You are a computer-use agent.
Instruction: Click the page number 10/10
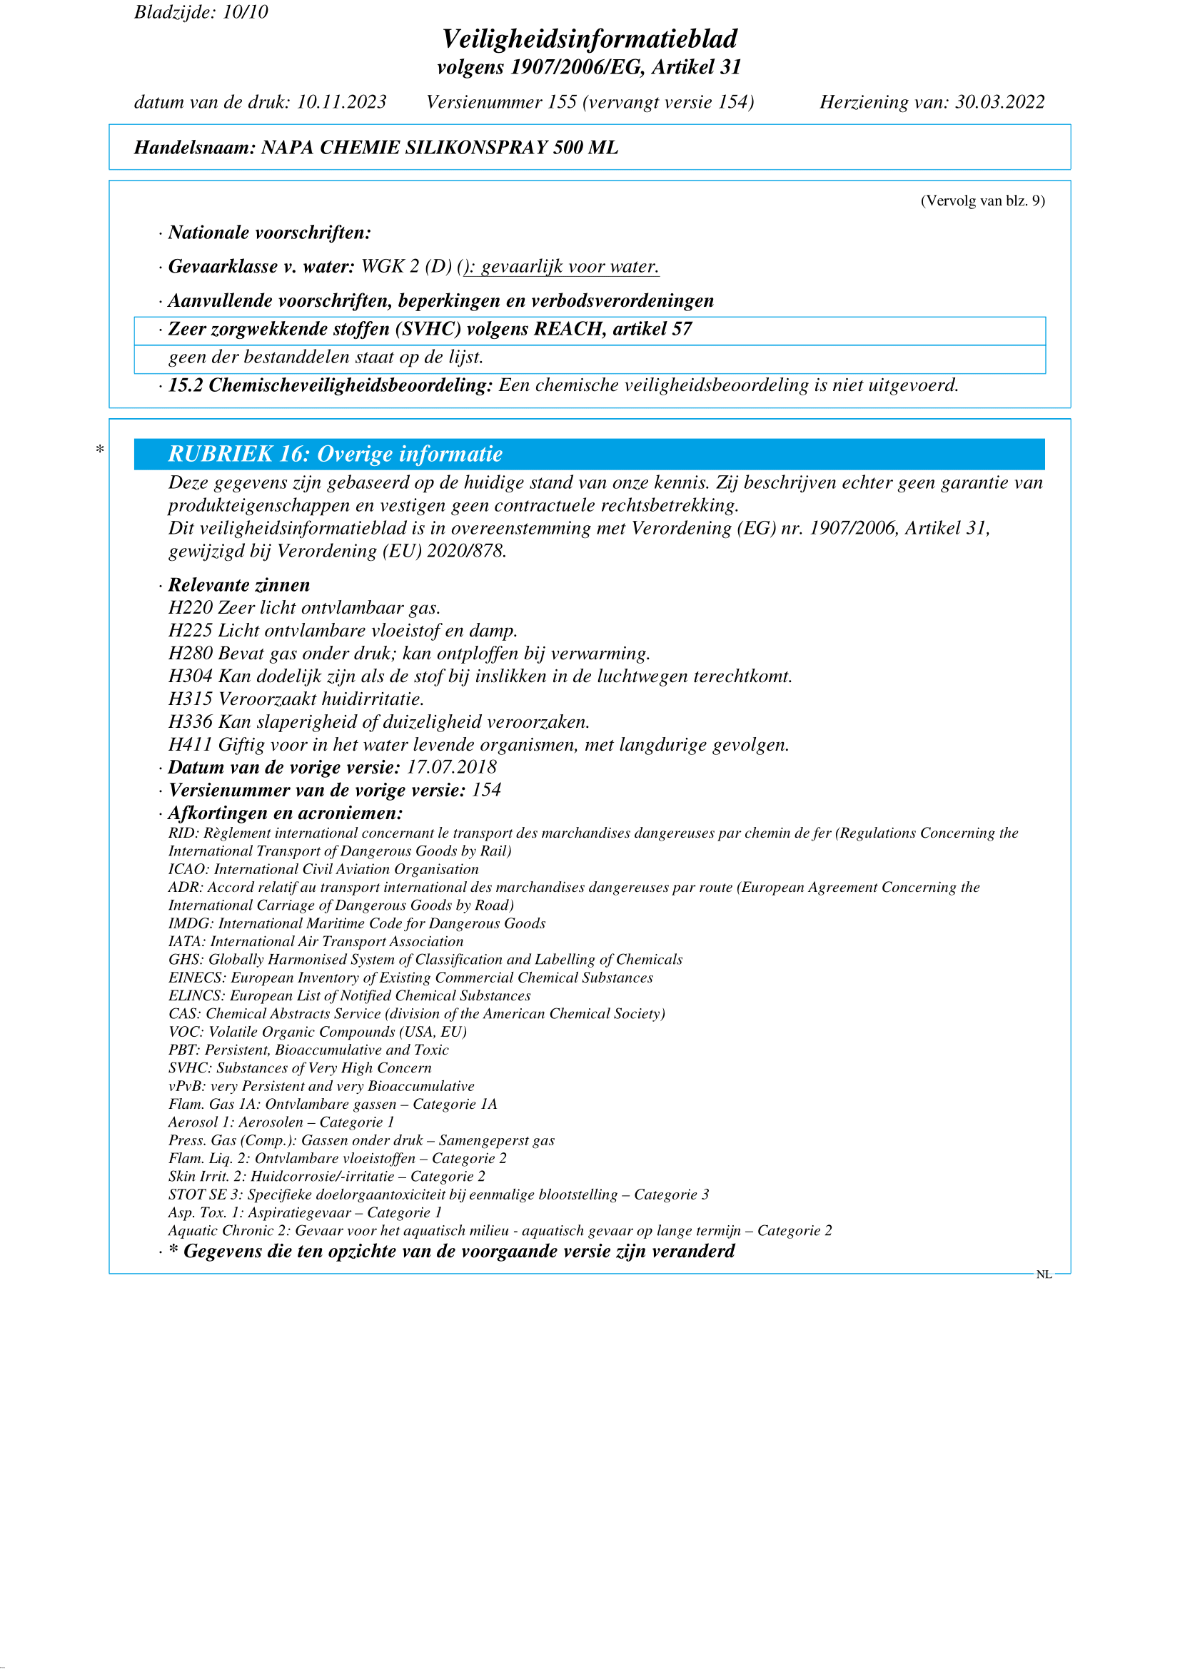245,12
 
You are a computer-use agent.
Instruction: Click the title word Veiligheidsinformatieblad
590,39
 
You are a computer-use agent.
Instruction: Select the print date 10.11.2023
341,102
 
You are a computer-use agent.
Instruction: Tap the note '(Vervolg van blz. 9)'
982,201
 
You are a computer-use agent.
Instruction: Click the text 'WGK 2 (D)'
406,267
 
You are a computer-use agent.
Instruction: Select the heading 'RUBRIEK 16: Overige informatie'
336,455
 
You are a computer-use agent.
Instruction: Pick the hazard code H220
191,608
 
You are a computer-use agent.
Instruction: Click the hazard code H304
191,676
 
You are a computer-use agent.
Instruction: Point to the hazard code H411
191,744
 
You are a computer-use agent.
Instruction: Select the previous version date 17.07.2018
450,767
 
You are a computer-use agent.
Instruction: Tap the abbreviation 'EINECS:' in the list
197,978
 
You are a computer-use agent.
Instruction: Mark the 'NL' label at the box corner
1044,1274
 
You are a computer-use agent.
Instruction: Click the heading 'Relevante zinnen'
238,585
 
